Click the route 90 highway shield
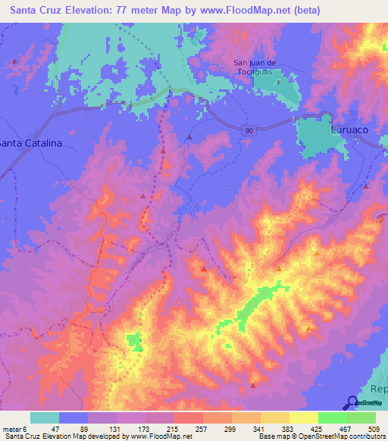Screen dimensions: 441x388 point(249,131)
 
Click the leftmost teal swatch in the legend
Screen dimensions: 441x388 point(45,418)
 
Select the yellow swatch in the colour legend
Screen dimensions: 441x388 point(304,418)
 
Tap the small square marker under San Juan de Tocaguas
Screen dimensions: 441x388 point(278,82)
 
